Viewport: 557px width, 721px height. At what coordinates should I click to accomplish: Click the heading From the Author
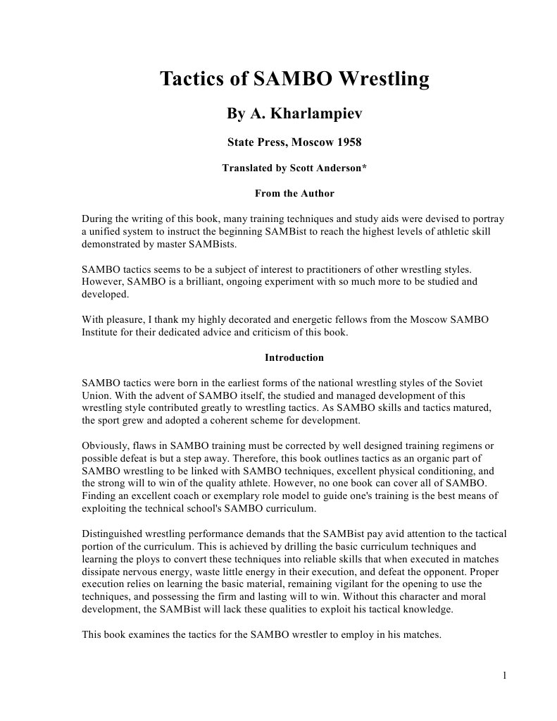(x=294, y=193)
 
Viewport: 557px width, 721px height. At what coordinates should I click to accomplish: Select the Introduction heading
(x=294, y=357)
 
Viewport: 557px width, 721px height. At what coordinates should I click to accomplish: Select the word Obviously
(x=105, y=446)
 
